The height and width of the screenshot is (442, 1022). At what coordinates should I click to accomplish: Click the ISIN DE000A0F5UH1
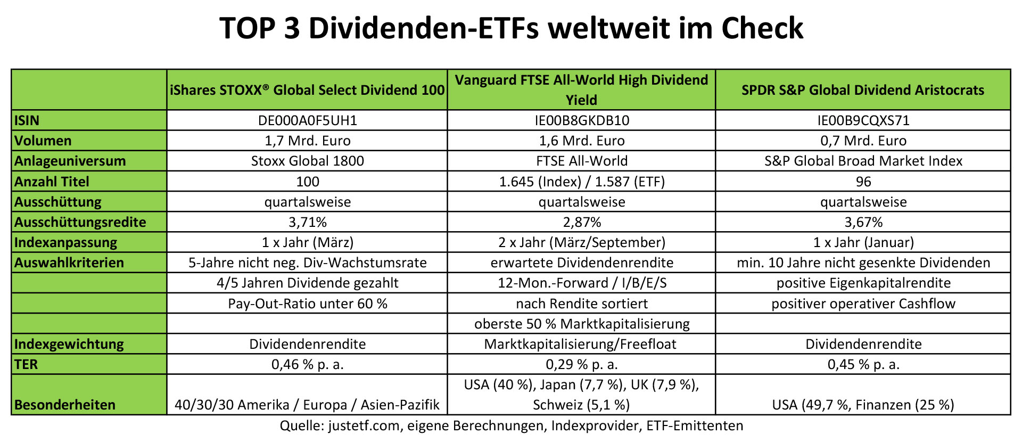coord(307,120)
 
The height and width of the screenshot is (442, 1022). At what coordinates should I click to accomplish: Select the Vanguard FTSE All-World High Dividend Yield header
coord(581,89)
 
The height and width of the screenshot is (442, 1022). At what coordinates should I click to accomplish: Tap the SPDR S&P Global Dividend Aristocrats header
coord(862,90)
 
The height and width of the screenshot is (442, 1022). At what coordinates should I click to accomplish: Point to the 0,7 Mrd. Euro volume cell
coord(863,141)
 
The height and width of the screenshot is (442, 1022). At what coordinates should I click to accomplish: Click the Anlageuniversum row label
coord(70,161)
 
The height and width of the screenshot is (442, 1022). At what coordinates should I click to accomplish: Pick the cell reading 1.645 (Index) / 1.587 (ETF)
coord(581,182)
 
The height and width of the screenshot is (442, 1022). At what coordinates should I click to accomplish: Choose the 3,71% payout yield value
coord(307,222)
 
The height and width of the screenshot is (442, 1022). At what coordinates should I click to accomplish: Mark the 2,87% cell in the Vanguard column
coord(581,222)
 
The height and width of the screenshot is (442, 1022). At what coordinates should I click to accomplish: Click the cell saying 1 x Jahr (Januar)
coord(863,242)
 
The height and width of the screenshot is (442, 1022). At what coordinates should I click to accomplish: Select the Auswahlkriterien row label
coord(69,263)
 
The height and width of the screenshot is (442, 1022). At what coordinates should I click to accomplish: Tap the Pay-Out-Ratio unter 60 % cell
coord(307,304)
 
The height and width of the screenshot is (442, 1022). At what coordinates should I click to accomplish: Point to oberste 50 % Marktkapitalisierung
coord(581,324)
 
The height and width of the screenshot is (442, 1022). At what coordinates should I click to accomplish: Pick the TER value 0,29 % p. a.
coord(581,364)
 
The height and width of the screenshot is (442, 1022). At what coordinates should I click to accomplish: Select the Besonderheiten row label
coord(64,405)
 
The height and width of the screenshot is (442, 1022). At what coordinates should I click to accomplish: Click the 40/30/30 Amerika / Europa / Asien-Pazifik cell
coord(307,405)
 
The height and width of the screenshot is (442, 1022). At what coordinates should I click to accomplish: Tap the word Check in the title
coord(762,28)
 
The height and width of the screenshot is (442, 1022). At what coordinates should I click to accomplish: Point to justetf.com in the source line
coord(364,426)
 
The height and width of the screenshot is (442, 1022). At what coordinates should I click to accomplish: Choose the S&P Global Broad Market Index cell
coord(863,161)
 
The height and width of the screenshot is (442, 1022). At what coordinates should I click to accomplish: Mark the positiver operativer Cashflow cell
coord(863,304)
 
